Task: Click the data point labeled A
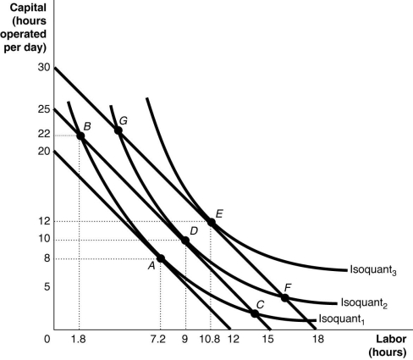161,258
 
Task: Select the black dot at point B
80,136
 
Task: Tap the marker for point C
254,313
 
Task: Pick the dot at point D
185,241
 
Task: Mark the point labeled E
211,222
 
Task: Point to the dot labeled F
285,297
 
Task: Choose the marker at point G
118,130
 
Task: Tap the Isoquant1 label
342,320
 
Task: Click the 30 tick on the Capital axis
43,68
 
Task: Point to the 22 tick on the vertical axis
43,136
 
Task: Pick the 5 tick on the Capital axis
46,287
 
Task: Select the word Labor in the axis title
388,340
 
